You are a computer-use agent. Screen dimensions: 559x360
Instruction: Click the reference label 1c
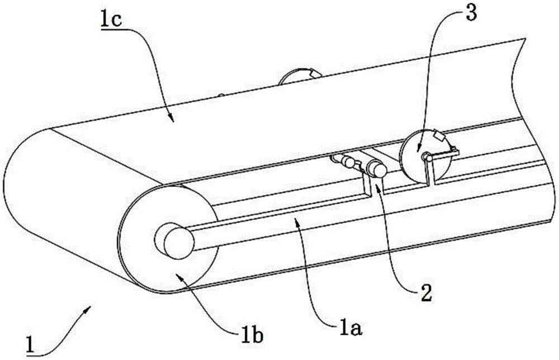coord(112,21)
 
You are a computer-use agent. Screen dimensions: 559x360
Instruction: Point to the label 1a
coord(350,328)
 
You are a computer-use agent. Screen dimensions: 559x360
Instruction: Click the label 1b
coord(252,336)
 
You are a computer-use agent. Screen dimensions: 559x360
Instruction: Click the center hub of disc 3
coord(426,157)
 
